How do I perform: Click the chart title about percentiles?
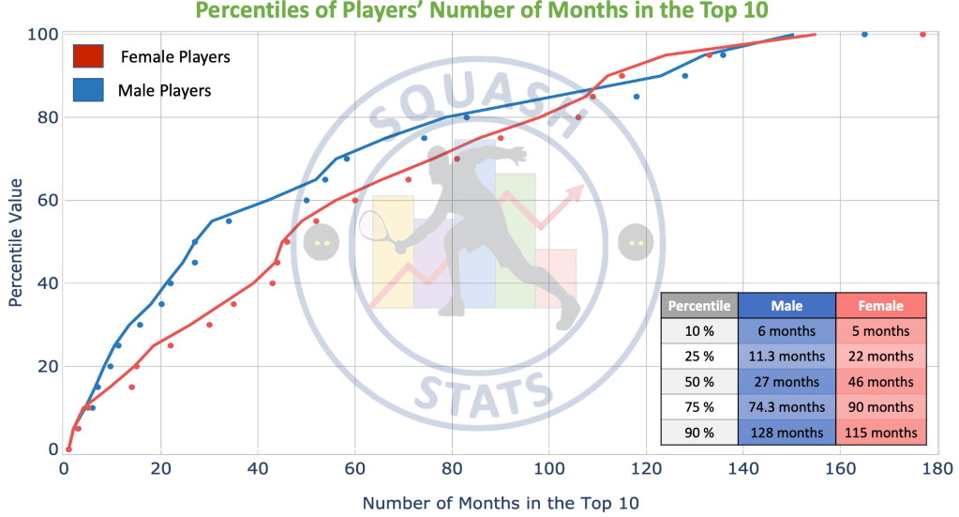[x=479, y=13]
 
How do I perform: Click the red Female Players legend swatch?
[x=88, y=56]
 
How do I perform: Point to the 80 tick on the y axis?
[x=45, y=117]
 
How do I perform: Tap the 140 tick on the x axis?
[x=742, y=466]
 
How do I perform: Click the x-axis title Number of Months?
[x=502, y=503]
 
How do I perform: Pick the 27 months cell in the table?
[x=787, y=382]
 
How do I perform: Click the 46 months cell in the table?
[x=880, y=382]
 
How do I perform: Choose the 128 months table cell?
[x=787, y=433]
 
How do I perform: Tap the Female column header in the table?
[x=880, y=306]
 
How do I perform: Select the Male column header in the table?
[x=787, y=306]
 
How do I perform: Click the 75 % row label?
[x=700, y=407]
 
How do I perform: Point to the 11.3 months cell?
[x=787, y=357]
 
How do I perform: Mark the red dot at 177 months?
[x=922, y=35]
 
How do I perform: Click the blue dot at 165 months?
[x=864, y=35]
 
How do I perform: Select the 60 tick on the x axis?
[x=354, y=466]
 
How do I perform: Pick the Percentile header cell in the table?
[x=700, y=306]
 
